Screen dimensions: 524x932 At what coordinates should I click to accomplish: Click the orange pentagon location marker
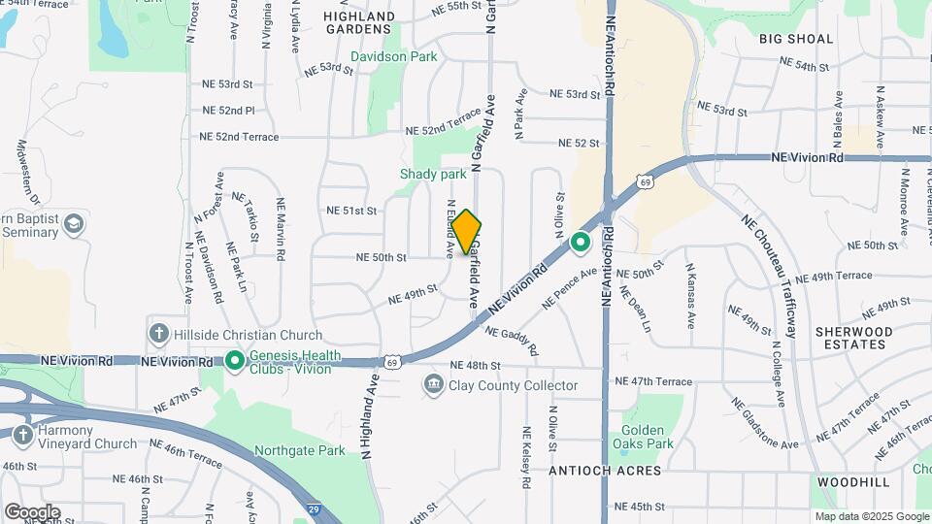466,232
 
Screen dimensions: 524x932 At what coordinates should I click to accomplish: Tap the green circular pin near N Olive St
581,242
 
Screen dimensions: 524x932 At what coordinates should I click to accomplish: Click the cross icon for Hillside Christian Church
158,334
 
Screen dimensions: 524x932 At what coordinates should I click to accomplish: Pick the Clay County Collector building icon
433,386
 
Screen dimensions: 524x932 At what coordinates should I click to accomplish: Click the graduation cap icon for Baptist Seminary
74,225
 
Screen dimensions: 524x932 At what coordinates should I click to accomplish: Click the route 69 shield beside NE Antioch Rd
645,181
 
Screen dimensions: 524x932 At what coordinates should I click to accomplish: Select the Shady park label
433,175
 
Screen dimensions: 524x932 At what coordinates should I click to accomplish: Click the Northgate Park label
299,450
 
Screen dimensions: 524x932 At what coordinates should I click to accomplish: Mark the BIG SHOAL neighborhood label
796,39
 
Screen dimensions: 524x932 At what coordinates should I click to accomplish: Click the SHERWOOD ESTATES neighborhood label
852,339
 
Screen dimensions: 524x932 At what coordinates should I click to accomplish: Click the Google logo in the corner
32,512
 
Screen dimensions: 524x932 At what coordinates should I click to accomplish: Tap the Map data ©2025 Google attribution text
871,516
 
